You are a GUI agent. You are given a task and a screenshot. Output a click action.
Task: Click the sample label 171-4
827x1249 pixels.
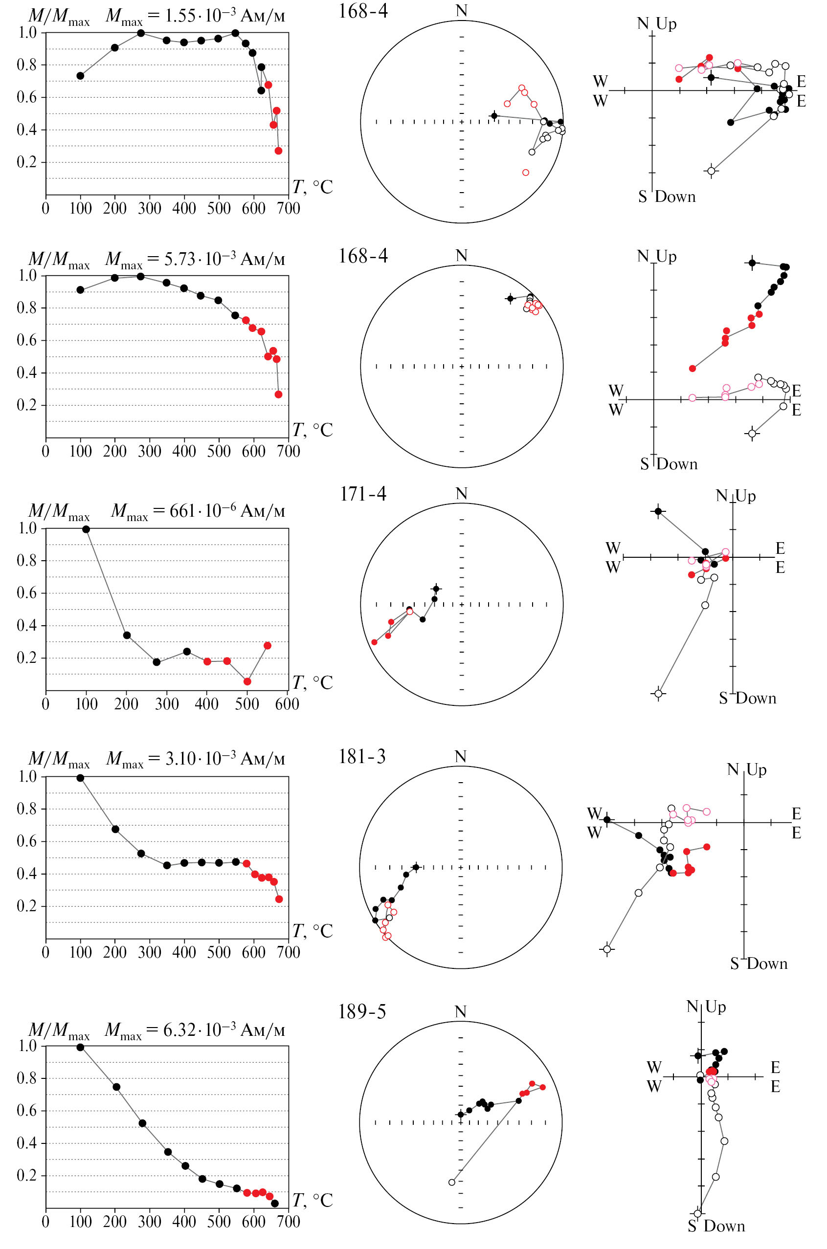point(363,494)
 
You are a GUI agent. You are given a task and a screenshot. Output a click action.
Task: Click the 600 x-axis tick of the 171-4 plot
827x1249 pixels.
point(287,704)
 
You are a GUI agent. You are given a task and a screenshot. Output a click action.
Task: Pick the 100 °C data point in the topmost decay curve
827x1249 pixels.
point(80,76)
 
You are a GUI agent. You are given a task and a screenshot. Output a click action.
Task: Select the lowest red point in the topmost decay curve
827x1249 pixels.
point(278,151)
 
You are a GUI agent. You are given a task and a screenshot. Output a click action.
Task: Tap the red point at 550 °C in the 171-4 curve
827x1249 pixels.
point(268,646)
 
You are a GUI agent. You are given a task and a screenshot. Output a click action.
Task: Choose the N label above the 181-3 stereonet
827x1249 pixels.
point(460,757)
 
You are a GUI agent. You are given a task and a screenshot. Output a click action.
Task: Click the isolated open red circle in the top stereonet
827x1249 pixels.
point(525,173)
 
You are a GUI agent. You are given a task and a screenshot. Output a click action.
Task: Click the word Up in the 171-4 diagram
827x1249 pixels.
point(745,496)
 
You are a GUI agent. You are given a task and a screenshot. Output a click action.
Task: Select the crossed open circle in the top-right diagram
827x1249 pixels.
point(712,171)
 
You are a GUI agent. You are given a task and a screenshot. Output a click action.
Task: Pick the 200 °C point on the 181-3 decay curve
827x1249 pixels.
point(115,830)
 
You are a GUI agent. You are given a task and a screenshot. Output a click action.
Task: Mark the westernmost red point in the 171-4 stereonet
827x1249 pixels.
point(375,642)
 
